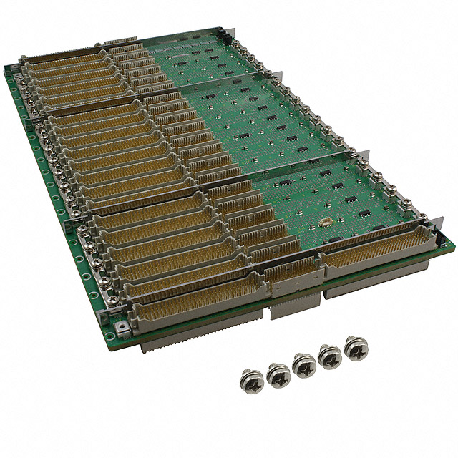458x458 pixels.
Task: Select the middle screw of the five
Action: [x=303, y=364]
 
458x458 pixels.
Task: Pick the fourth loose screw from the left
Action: [x=331, y=357]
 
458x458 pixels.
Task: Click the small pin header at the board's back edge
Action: [x=117, y=45]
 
